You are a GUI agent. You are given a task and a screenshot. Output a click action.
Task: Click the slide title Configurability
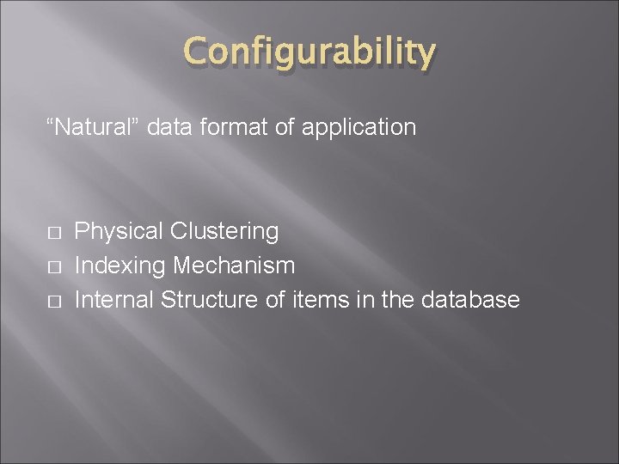[x=309, y=53]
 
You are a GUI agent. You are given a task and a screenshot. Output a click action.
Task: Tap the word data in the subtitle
[x=168, y=128]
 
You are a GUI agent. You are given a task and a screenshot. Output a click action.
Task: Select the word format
[x=226, y=128]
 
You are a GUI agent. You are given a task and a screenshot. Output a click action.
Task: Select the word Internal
[x=114, y=300]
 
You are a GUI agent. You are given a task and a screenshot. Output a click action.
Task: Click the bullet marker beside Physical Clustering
[x=53, y=233]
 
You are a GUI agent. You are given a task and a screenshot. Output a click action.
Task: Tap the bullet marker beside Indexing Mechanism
[x=53, y=267]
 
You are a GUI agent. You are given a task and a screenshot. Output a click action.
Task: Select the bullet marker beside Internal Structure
[x=53, y=302]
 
